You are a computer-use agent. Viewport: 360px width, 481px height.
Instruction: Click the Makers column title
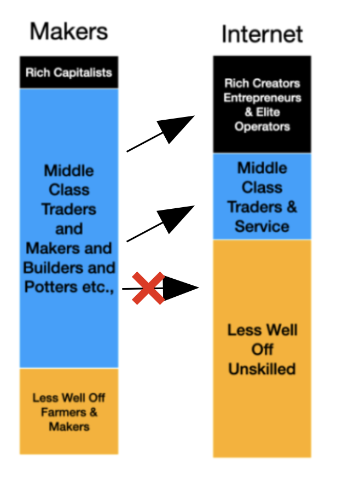pyautogui.click(x=69, y=31)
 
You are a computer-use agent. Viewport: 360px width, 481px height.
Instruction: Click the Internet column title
pyautogui.click(x=262, y=34)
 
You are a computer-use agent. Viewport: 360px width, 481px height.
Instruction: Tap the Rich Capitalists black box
pyautogui.click(x=69, y=72)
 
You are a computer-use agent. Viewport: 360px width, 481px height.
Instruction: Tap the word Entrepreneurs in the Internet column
pyautogui.click(x=262, y=98)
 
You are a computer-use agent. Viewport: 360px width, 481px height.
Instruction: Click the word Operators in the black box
pyautogui.click(x=262, y=126)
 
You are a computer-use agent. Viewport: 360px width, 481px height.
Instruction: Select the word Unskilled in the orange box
pyautogui.click(x=262, y=369)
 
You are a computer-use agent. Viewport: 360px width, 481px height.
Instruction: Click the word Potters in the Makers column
pyautogui.click(x=51, y=286)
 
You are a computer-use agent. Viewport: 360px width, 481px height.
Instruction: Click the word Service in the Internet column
pyautogui.click(x=262, y=226)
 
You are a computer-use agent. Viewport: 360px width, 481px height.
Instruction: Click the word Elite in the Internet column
pyautogui.click(x=268, y=112)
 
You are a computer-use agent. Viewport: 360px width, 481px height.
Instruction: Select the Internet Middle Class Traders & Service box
pyautogui.click(x=262, y=197)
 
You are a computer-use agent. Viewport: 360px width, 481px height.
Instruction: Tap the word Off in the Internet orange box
pyautogui.click(x=262, y=349)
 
